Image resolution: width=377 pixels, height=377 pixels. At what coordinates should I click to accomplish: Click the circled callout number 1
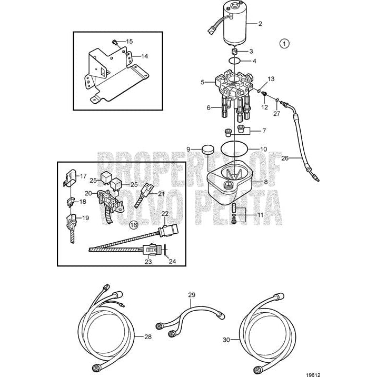[285, 44]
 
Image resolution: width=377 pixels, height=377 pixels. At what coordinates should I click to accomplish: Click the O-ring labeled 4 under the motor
[236, 62]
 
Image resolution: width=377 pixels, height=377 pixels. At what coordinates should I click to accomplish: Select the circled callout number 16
[134, 225]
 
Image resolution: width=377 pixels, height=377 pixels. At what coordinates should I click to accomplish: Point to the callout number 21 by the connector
[161, 194]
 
